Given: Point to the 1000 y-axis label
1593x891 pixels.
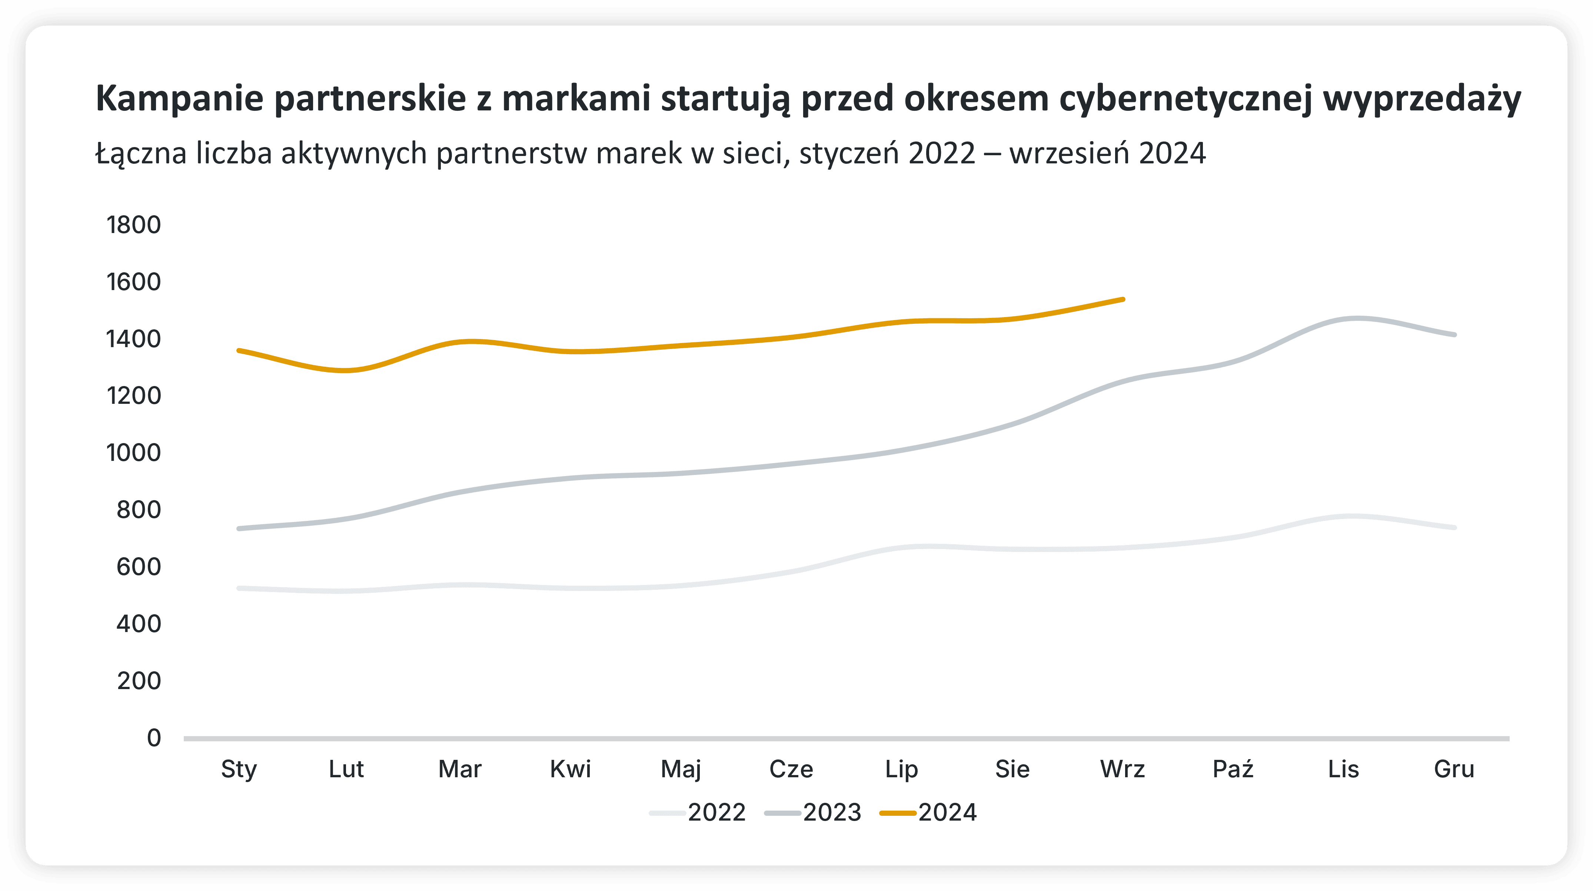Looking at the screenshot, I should (134, 453).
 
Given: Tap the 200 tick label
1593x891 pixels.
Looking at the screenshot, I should (139, 681).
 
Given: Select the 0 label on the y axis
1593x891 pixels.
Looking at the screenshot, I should (154, 738).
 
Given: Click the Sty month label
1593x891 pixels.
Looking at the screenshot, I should (239, 769).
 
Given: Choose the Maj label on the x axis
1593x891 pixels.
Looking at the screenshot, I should (681, 769).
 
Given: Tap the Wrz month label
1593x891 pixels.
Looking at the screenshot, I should (1123, 769).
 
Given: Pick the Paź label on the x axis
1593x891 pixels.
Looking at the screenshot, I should (1233, 769).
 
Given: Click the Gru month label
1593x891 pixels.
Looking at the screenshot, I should (1454, 769).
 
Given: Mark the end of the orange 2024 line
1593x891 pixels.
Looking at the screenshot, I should (1123, 299).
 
